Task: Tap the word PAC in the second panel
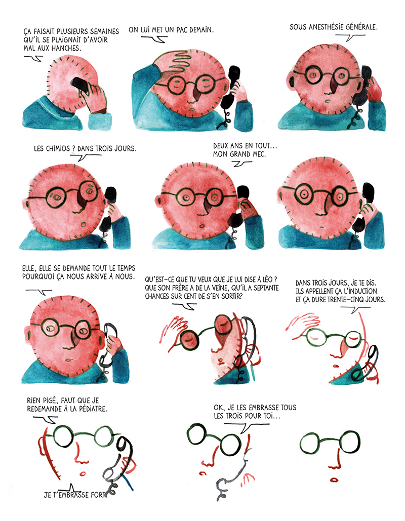(182, 30)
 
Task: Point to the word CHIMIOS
(56, 148)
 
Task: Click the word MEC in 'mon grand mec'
(259, 154)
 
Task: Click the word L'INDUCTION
(359, 292)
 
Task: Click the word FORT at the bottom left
(98, 495)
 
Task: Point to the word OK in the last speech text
(218, 408)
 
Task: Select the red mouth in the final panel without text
(334, 479)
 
